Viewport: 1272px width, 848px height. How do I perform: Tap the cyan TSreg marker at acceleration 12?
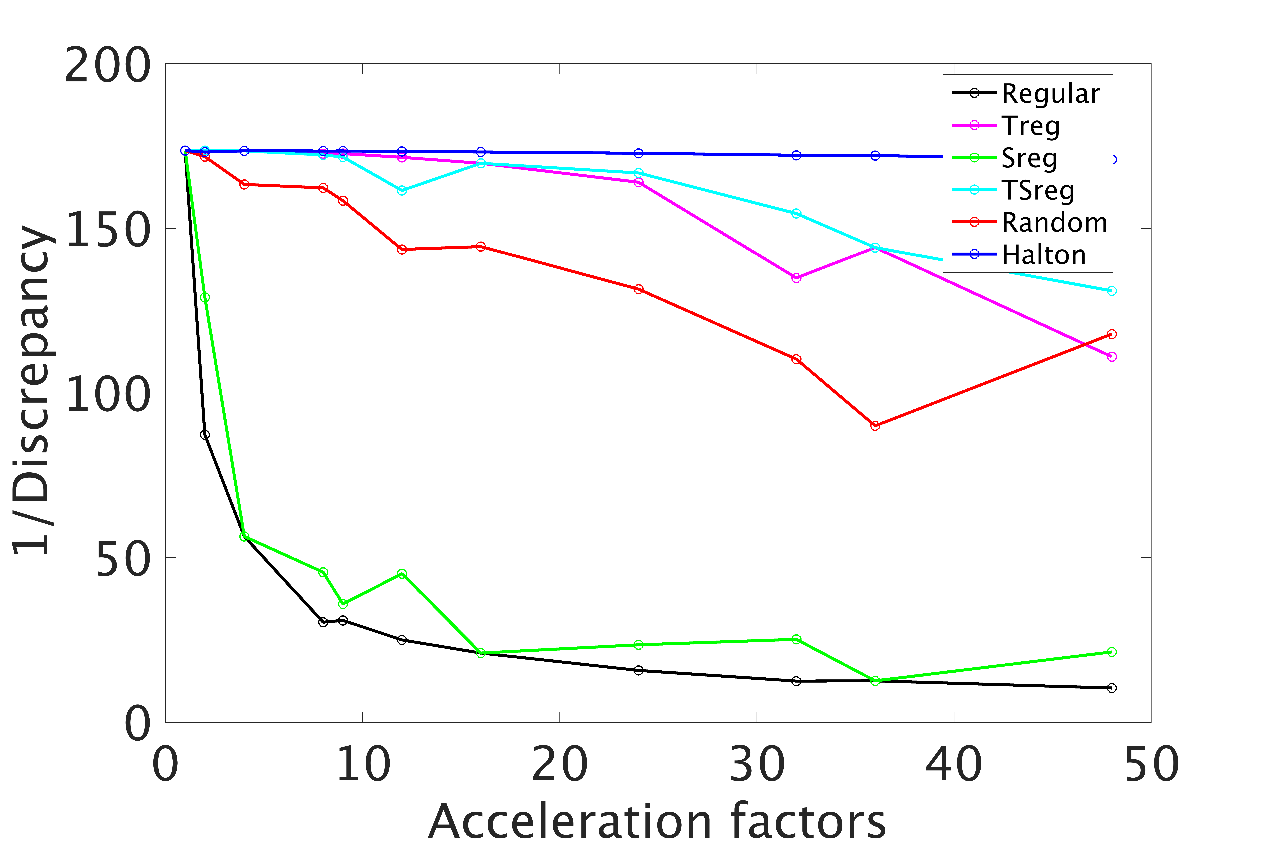tap(402, 190)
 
